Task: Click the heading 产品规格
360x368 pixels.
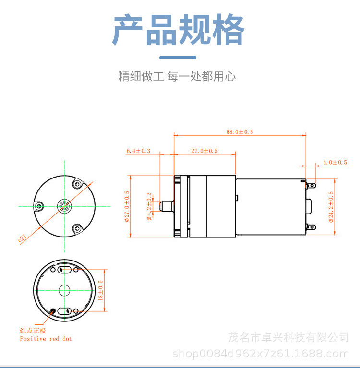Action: tap(179, 30)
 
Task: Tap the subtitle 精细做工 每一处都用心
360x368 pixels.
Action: tap(177, 76)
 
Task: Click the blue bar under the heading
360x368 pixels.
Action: tap(178, 58)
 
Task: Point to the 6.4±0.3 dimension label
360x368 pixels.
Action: tap(138, 151)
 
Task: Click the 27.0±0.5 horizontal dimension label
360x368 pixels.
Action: tap(204, 151)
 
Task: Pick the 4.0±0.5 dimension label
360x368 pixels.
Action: tap(335, 162)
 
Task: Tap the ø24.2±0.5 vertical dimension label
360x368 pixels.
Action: tap(331, 207)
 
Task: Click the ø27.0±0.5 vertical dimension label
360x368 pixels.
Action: tap(127, 207)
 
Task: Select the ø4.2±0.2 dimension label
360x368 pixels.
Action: tap(149, 206)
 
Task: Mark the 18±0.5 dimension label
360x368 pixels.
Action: tap(100, 290)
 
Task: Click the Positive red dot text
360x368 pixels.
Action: tap(46, 339)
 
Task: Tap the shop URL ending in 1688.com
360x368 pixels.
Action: tap(260, 354)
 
